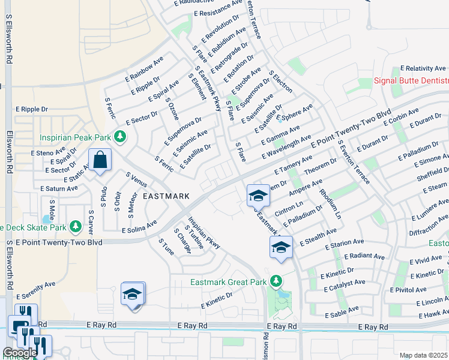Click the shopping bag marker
point(100,160)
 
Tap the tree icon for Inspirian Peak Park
point(121,137)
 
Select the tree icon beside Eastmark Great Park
point(276,281)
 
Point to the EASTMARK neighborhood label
point(166,196)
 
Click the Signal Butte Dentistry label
point(411,81)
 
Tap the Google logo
point(19,353)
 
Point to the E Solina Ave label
point(139,226)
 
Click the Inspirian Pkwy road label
point(205,233)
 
